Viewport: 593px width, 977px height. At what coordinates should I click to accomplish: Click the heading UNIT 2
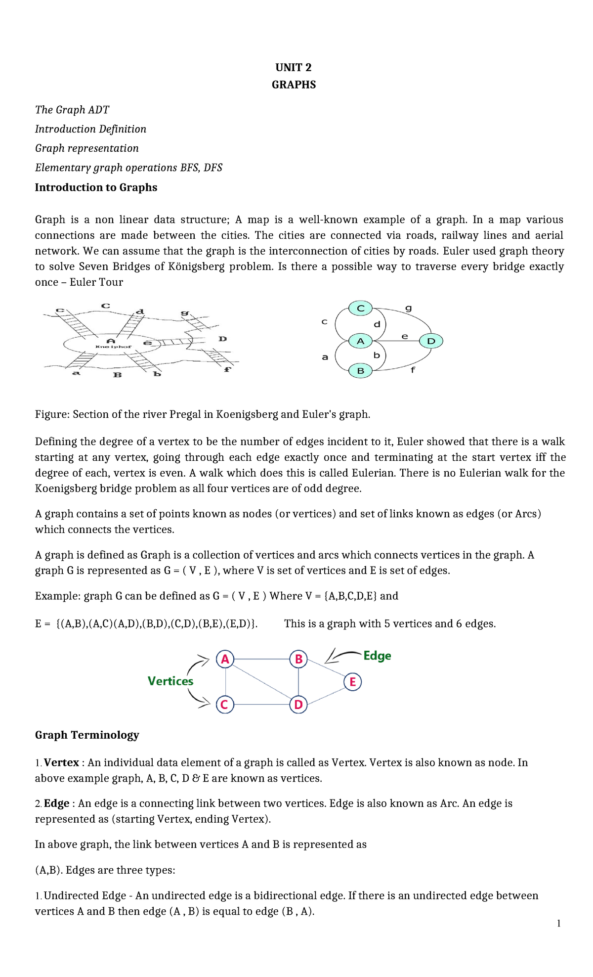294,67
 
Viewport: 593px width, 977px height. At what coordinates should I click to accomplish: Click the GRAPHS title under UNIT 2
294,85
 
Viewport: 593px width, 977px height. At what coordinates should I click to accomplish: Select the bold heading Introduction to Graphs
96,187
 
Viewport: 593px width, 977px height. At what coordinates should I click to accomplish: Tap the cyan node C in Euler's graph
361,309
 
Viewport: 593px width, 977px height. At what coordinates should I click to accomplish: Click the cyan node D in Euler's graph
431,341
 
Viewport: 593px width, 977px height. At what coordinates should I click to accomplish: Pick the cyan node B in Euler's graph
361,370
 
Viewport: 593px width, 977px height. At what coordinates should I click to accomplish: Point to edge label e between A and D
405,336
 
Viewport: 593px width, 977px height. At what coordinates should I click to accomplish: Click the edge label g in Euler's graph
408,308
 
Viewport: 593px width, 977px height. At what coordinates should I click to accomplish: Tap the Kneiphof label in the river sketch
113,347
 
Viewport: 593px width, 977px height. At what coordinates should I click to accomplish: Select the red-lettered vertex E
352,682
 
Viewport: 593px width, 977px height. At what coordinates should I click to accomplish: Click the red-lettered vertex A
225,659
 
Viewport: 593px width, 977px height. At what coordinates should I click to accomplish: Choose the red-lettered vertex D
298,705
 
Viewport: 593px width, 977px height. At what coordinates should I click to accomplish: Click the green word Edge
377,656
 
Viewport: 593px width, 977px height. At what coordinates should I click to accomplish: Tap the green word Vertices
170,681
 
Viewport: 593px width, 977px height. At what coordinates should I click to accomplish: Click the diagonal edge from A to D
262,682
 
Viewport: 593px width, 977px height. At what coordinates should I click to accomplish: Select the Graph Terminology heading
87,735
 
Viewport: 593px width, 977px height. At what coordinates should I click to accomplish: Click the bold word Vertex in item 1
61,762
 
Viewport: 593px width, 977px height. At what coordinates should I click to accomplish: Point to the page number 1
558,924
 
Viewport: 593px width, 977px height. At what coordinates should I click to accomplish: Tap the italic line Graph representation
87,148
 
